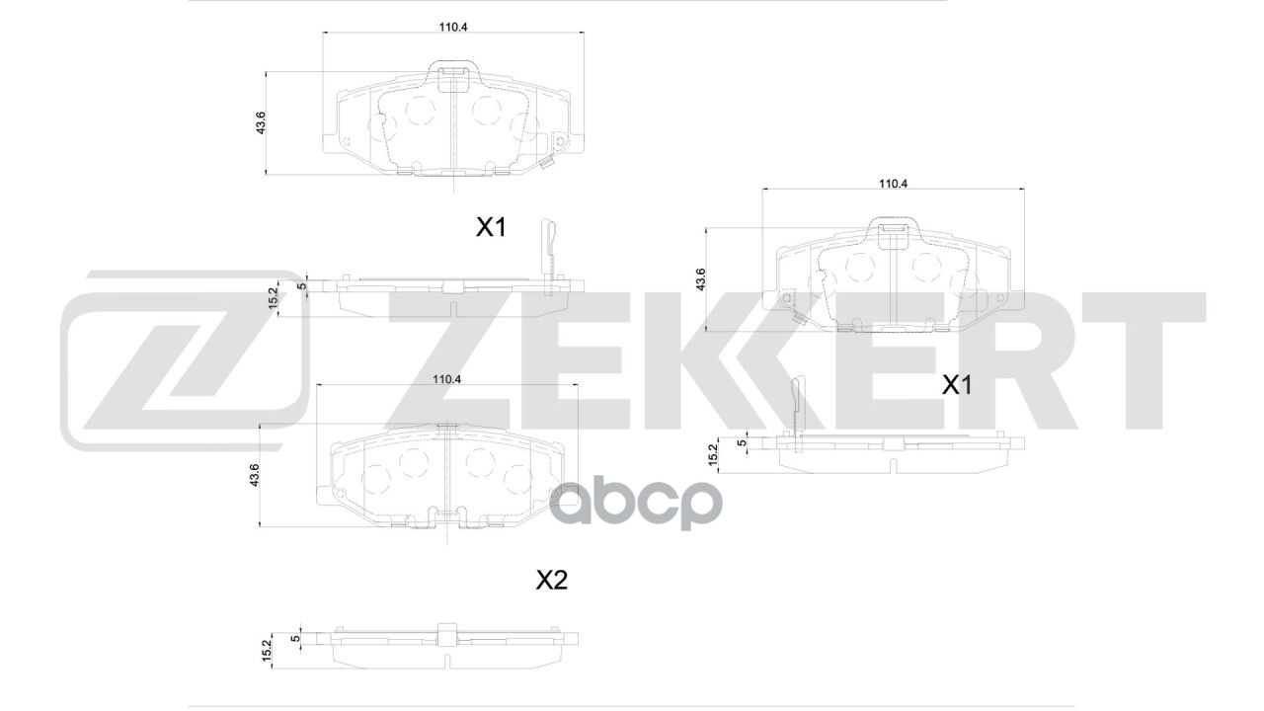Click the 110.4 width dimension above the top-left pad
click(453, 27)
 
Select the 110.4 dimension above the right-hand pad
click(893, 183)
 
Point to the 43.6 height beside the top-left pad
click(261, 123)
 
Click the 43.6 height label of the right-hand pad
click(700, 279)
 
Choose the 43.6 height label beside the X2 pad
click(254, 475)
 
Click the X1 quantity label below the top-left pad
click(491, 227)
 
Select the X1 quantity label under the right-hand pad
click(956, 385)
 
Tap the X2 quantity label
click(551, 581)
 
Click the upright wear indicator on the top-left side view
click(549, 247)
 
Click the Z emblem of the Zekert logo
click(183, 360)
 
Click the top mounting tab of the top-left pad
click(452, 71)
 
